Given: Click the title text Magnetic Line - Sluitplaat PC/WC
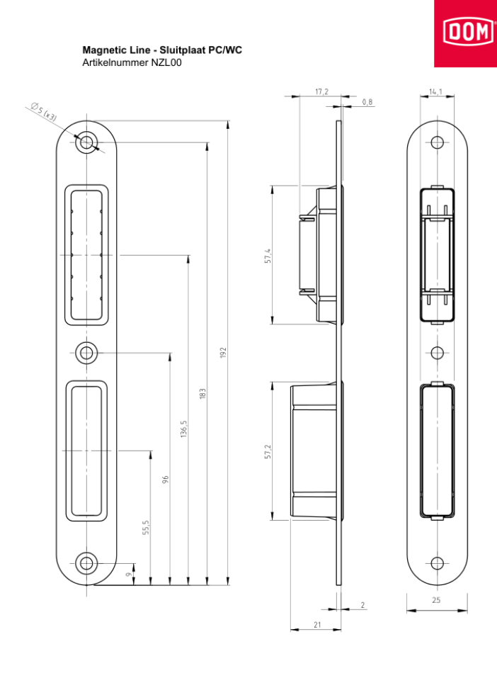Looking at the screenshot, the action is point(162,50).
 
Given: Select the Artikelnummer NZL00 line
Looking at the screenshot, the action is point(132,62).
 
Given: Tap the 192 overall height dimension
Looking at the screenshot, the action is point(223,352).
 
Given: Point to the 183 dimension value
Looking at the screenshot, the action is point(202,394).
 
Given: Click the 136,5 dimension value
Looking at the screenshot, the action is point(184,429).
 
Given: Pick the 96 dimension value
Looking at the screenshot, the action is point(166,480).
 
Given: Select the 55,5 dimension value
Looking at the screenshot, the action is point(147,527).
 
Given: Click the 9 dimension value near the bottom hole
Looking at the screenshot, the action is point(129,575).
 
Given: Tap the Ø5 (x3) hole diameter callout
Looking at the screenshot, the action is point(44,111).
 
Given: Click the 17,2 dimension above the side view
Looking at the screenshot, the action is point(321,91).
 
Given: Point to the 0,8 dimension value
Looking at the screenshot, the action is point(367,102).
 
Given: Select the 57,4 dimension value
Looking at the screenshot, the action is point(268,256).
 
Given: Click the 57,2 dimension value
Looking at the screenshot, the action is point(268,451).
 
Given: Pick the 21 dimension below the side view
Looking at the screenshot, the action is point(317,625).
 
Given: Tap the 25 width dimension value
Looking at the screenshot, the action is point(436,600).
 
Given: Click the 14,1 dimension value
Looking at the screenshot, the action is point(435,91).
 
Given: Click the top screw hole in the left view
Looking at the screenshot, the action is point(86,142).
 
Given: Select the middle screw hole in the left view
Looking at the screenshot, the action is point(86,353).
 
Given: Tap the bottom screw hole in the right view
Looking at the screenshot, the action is point(437,562).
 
